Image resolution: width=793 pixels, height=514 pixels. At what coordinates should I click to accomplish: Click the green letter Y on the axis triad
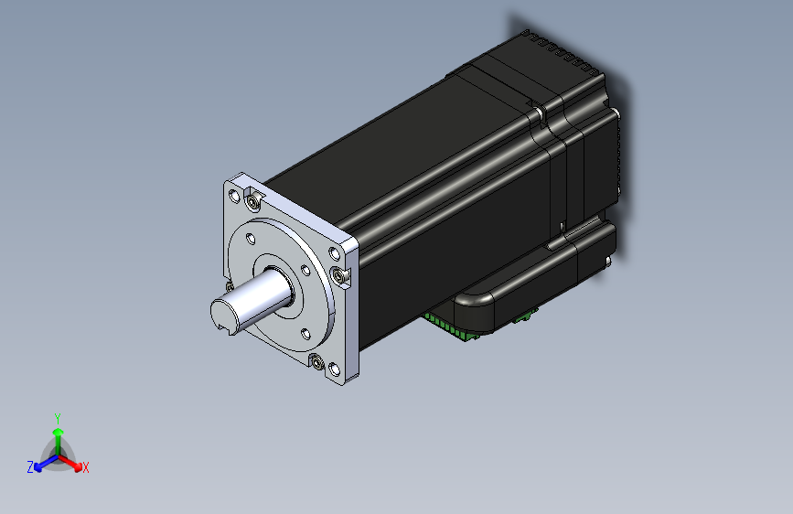[58, 418]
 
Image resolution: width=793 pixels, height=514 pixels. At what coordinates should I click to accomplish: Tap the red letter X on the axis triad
[85, 467]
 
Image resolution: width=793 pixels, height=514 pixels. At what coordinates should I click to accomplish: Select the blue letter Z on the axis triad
[30, 467]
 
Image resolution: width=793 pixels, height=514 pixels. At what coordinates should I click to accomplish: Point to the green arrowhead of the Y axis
[59, 432]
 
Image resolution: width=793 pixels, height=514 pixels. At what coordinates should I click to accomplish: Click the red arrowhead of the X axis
[78, 466]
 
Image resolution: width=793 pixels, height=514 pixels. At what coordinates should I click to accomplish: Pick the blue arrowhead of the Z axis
[38, 467]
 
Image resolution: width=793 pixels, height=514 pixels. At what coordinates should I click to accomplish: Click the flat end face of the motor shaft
[222, 315]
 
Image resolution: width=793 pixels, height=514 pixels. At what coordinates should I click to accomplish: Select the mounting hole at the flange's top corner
[234, 196]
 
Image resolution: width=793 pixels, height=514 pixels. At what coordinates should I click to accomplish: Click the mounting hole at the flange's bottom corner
[335, 369]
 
